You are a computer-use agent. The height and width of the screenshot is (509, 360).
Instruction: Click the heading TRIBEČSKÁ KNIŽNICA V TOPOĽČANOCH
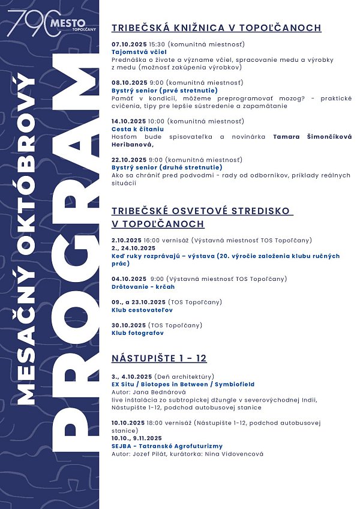[x=217, y=28]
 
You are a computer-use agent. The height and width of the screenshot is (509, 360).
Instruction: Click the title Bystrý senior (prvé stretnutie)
[x=156, y=90]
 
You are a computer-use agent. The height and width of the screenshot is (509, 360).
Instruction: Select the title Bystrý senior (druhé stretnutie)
[x=159, y=167]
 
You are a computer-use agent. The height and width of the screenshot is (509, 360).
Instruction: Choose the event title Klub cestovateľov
[x=142, y=310]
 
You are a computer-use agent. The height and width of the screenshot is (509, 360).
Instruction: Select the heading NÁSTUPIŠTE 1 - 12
[x=159, y=358]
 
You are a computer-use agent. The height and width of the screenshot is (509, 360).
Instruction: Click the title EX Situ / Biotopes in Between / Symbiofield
[x=183, y=384]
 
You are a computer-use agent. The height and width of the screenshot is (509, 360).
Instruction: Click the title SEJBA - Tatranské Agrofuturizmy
[x=167, y=446]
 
